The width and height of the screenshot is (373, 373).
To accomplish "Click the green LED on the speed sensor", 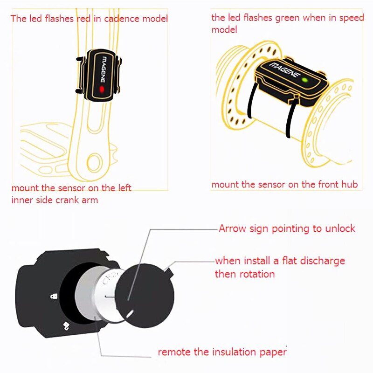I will pos(304,81).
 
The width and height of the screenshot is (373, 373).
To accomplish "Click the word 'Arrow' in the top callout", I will pos(231,228).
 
